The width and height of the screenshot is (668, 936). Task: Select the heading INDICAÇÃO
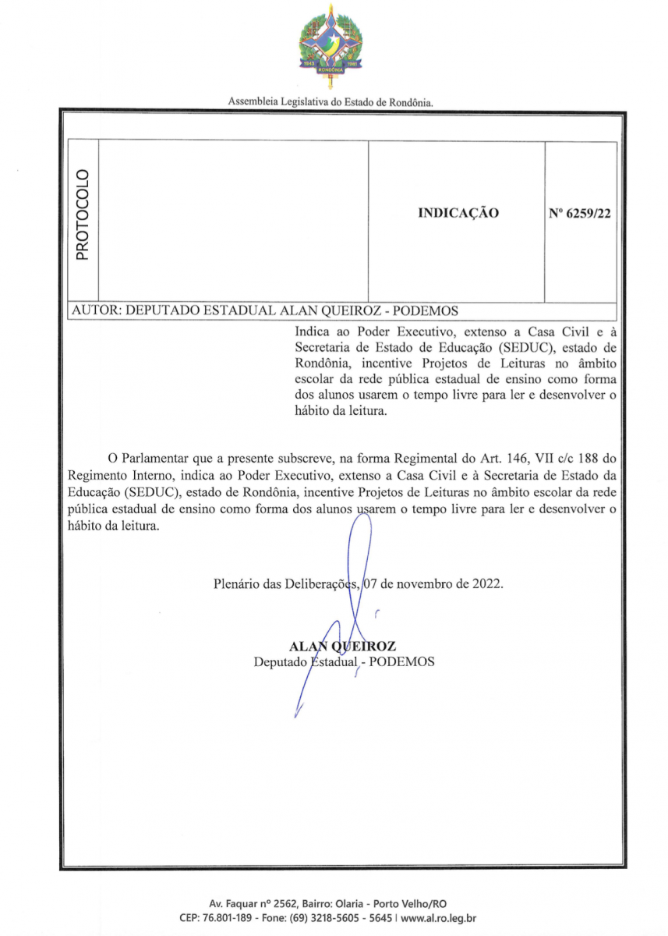[458, 213]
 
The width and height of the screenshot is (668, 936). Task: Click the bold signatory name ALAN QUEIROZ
[342, 646]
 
